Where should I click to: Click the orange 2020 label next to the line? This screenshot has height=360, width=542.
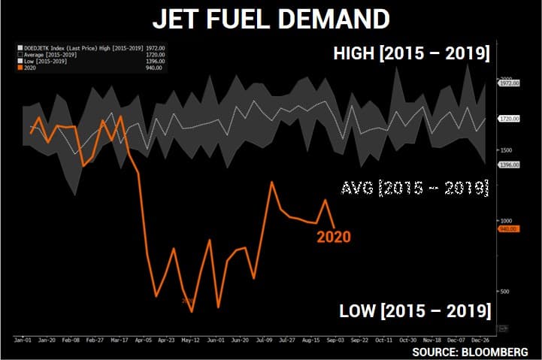tap(333, 237)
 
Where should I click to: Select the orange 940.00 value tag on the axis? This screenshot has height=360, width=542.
tap(507, 228)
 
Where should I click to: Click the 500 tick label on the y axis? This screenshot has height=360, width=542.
tap(504, 292)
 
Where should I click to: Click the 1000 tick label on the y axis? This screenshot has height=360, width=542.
tap(505, 221)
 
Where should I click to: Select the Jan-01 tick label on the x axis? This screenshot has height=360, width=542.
tap(21, 340)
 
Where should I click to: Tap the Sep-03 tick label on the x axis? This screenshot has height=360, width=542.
tap(336, 340)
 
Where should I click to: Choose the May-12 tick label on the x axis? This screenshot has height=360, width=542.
tap(190, 340)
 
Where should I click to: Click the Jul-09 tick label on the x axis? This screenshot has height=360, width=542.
tap(263, 340)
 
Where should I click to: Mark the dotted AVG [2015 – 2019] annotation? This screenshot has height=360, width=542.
tap(414, 187)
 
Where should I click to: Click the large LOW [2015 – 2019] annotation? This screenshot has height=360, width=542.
tap(415, 311)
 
